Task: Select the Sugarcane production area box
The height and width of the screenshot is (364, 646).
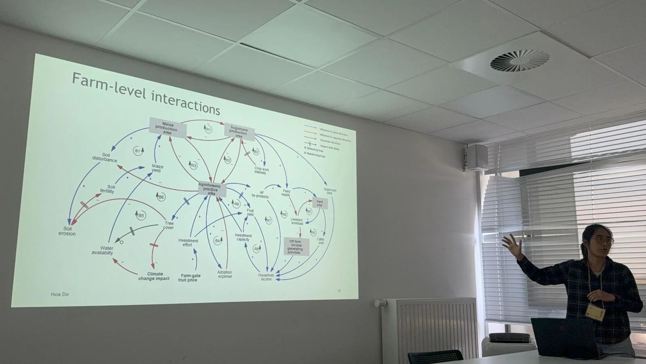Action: [x=239, y=132]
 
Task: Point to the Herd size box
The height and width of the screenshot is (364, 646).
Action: [x=320, y=203]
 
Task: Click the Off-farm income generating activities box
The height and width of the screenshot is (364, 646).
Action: [x=296, y=247]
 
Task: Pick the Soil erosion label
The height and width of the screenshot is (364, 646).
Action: [x=67, y=231]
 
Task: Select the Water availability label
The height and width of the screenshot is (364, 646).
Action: [x=102, y=250]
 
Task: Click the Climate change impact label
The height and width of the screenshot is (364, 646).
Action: [x=154, y=276]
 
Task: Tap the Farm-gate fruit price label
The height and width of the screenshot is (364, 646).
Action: [x=190, y=278]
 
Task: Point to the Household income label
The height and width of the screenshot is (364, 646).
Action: [x=266, y=277]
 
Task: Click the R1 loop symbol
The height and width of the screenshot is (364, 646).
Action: [x=208, y=129]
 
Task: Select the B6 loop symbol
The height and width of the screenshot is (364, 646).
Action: [x=161, y=197]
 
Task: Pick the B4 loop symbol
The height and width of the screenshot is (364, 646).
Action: [x=218, y=240]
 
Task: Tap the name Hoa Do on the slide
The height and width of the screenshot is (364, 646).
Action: [x=60, y=294]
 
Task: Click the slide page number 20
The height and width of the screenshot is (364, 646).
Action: [x=339, y=290]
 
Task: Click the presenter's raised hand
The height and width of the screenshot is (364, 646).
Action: [x=512, y=245]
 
